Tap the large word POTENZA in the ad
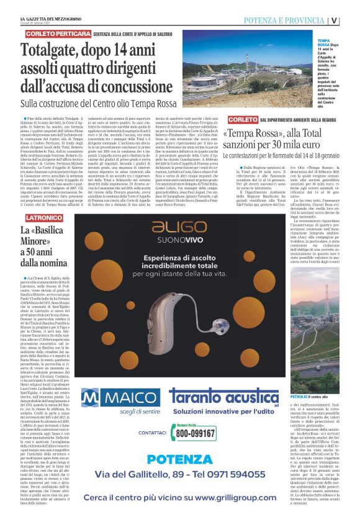tap(179, 459)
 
